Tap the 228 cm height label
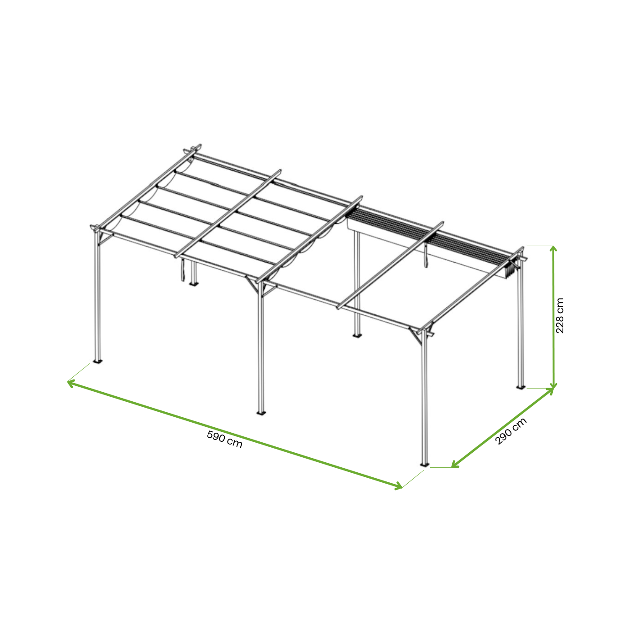point(560,316)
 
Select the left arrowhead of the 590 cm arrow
point(70,383)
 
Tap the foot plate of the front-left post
point(97,362)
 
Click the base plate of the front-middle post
point(261,413)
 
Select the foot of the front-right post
point(425,465)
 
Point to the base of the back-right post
point(521,387)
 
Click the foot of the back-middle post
point(357,336)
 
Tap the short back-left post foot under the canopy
point(193,283)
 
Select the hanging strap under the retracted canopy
point(426,258)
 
